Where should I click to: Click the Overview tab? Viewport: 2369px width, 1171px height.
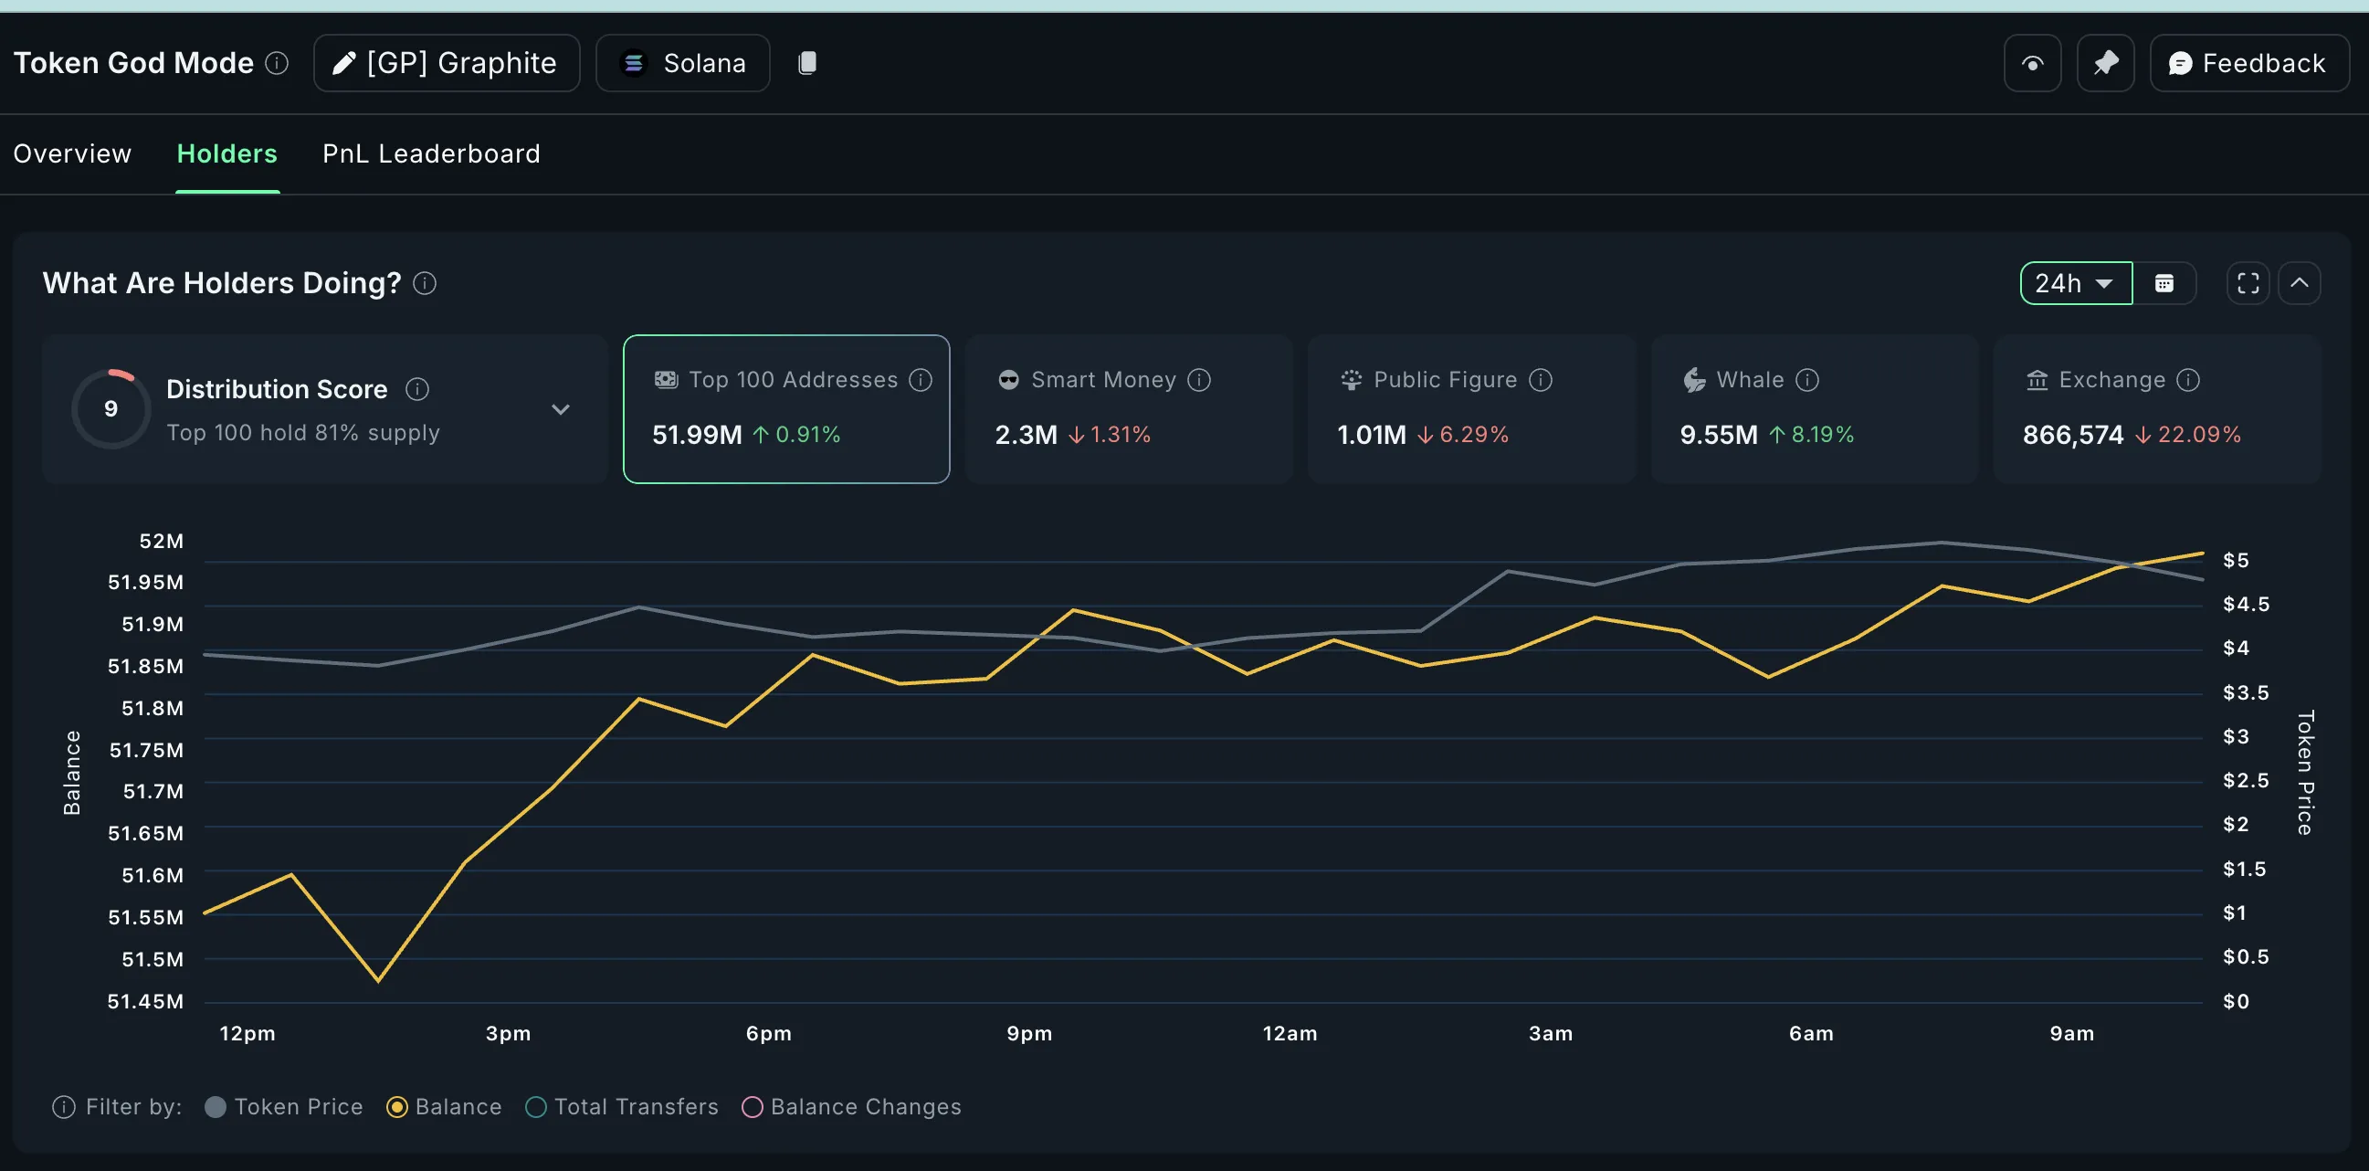pyautogui.click(x=72, y=153)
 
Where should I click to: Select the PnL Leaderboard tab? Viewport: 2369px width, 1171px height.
pyautogui.click(x=430, y=153)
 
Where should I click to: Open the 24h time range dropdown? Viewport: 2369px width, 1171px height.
pyautogui.click(x=2075, y=283)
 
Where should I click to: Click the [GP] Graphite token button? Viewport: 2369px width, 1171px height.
pyautogui.click(x=447, y=63)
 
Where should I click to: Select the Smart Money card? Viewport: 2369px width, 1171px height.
pyautogui.click(x=1129, y=408)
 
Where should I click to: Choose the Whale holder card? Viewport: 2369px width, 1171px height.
pyautogui.click(x=1814, y=408)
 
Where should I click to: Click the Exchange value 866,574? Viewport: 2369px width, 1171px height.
pyautogui.click(x=2073, y=434)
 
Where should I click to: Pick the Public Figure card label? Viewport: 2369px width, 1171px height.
pyautogui.click(x=1445, y=380)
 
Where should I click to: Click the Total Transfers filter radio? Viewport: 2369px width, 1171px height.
pyautogui.click(x=536, y=1107)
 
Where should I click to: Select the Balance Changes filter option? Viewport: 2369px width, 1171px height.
pyautogui.click(x=753, y=1107)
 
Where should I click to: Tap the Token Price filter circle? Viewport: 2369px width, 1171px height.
pyautogui.click(x=216, y=1107)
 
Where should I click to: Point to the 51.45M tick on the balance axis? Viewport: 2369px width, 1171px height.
pyautogui.click(x=145, y=1001)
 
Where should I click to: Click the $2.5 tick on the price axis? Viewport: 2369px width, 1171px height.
pyautogui.click(x=2245, y=780)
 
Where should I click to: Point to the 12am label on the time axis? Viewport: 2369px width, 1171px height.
pyautogui.click(x=1290, y=1033)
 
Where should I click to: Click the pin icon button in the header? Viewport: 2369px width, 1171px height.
pyautogui.click(x=2105, y=63)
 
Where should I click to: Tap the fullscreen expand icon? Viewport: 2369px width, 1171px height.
pyautogui.click(x=2248, y=283)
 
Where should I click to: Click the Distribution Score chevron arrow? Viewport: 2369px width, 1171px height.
pyautogui.click(x=560, y=409)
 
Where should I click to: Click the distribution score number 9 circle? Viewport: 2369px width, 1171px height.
pyautogui.click(x=111, y=408)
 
